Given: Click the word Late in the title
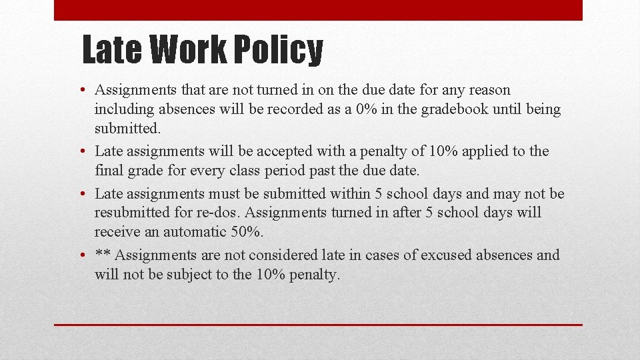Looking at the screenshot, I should tap(112, 50).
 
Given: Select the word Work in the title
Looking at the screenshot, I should tap(188, 50).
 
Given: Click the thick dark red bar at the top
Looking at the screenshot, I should tap(318, 10).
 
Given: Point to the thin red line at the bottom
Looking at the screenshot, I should tap(318, 325).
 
